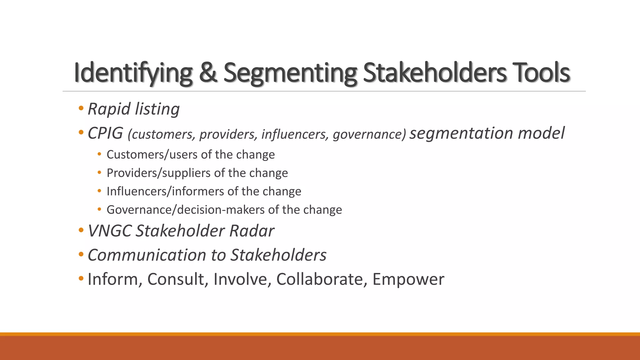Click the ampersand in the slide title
[208, 73]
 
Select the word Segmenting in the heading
[290, 73]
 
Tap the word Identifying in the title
[133, 73]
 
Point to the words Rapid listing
[133, 109]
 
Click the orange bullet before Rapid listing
[81, 108]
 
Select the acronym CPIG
[105, 133]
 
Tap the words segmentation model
[487, 133]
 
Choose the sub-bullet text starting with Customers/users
[191, 155]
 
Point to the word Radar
[252, 231]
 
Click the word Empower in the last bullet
[408, 279]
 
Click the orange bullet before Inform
[81, 278]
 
